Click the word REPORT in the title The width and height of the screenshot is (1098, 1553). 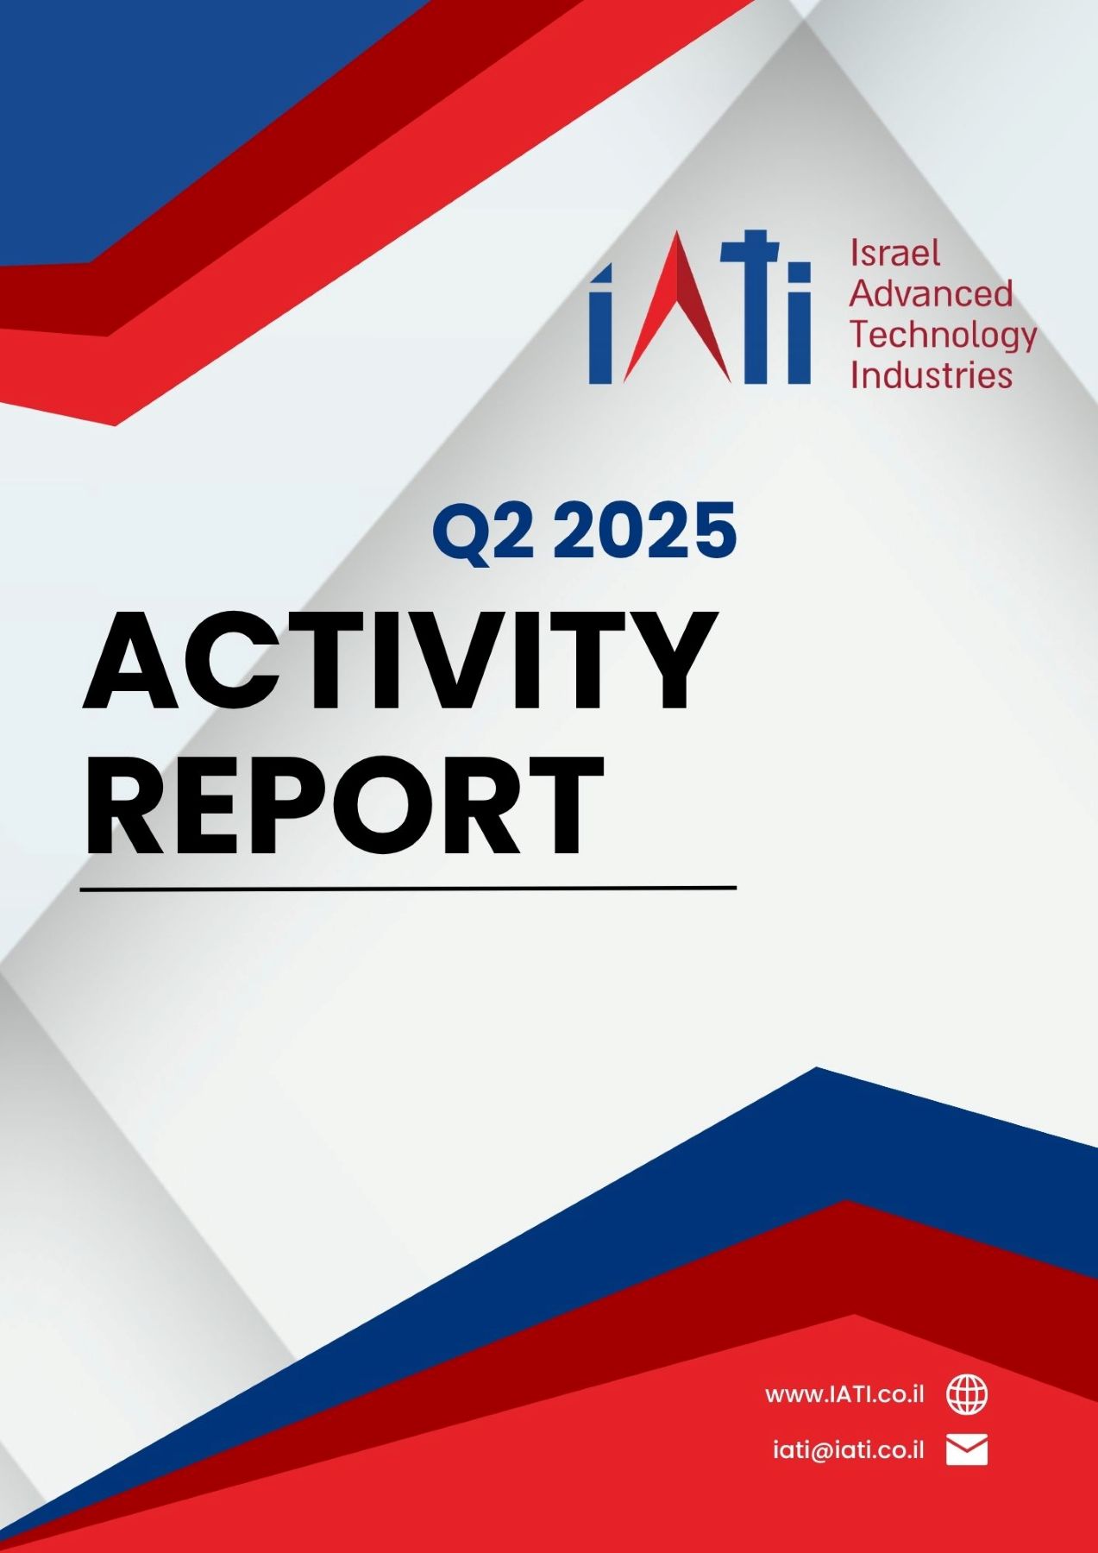(343, 805)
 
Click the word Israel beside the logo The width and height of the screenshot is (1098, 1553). (894, 253)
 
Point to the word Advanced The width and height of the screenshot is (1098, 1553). (932, 293)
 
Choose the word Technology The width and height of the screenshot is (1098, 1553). (944, 336)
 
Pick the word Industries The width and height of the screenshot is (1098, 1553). (932, 375)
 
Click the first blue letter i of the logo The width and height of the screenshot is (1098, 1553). (600, 324)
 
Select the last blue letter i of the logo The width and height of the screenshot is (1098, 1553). (799, 324)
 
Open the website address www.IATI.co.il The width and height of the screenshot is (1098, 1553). (844, 1394)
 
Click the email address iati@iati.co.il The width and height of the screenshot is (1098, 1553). (848, 1449)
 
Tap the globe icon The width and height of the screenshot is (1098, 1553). (968, 1394)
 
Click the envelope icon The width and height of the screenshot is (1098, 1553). (967, 1450)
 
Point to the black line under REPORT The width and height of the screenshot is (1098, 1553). (408, 887)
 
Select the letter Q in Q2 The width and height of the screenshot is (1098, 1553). (462, 534)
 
